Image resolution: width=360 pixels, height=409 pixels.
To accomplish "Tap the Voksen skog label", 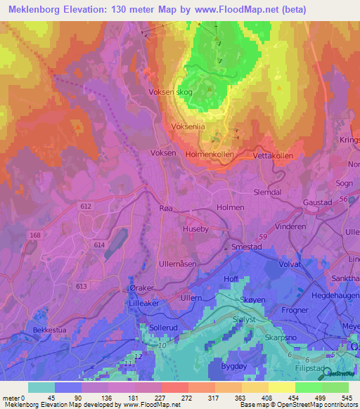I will coord(169,92).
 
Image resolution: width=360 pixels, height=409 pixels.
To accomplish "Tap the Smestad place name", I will coord(247,247).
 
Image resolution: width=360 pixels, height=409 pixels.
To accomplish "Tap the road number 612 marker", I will coord(86,206).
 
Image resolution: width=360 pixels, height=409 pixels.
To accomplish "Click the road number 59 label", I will coord(264,238).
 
